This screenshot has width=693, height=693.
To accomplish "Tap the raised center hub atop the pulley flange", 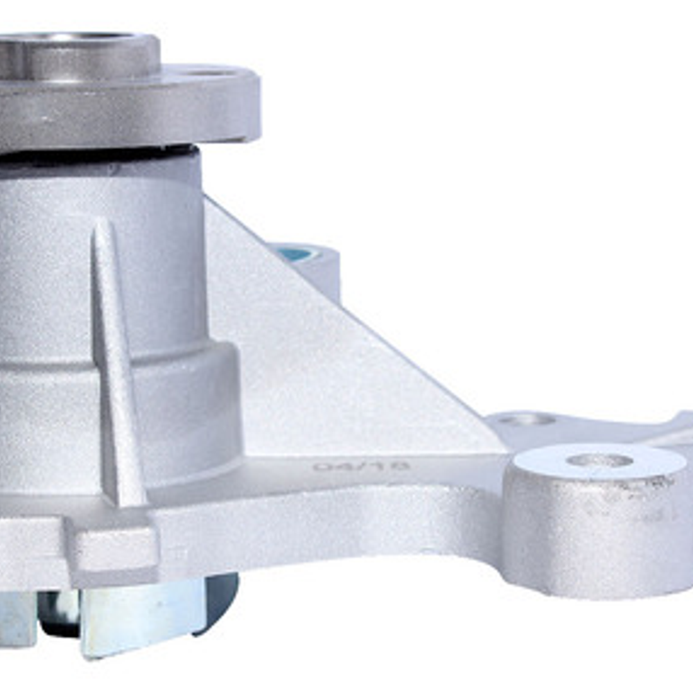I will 77,55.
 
